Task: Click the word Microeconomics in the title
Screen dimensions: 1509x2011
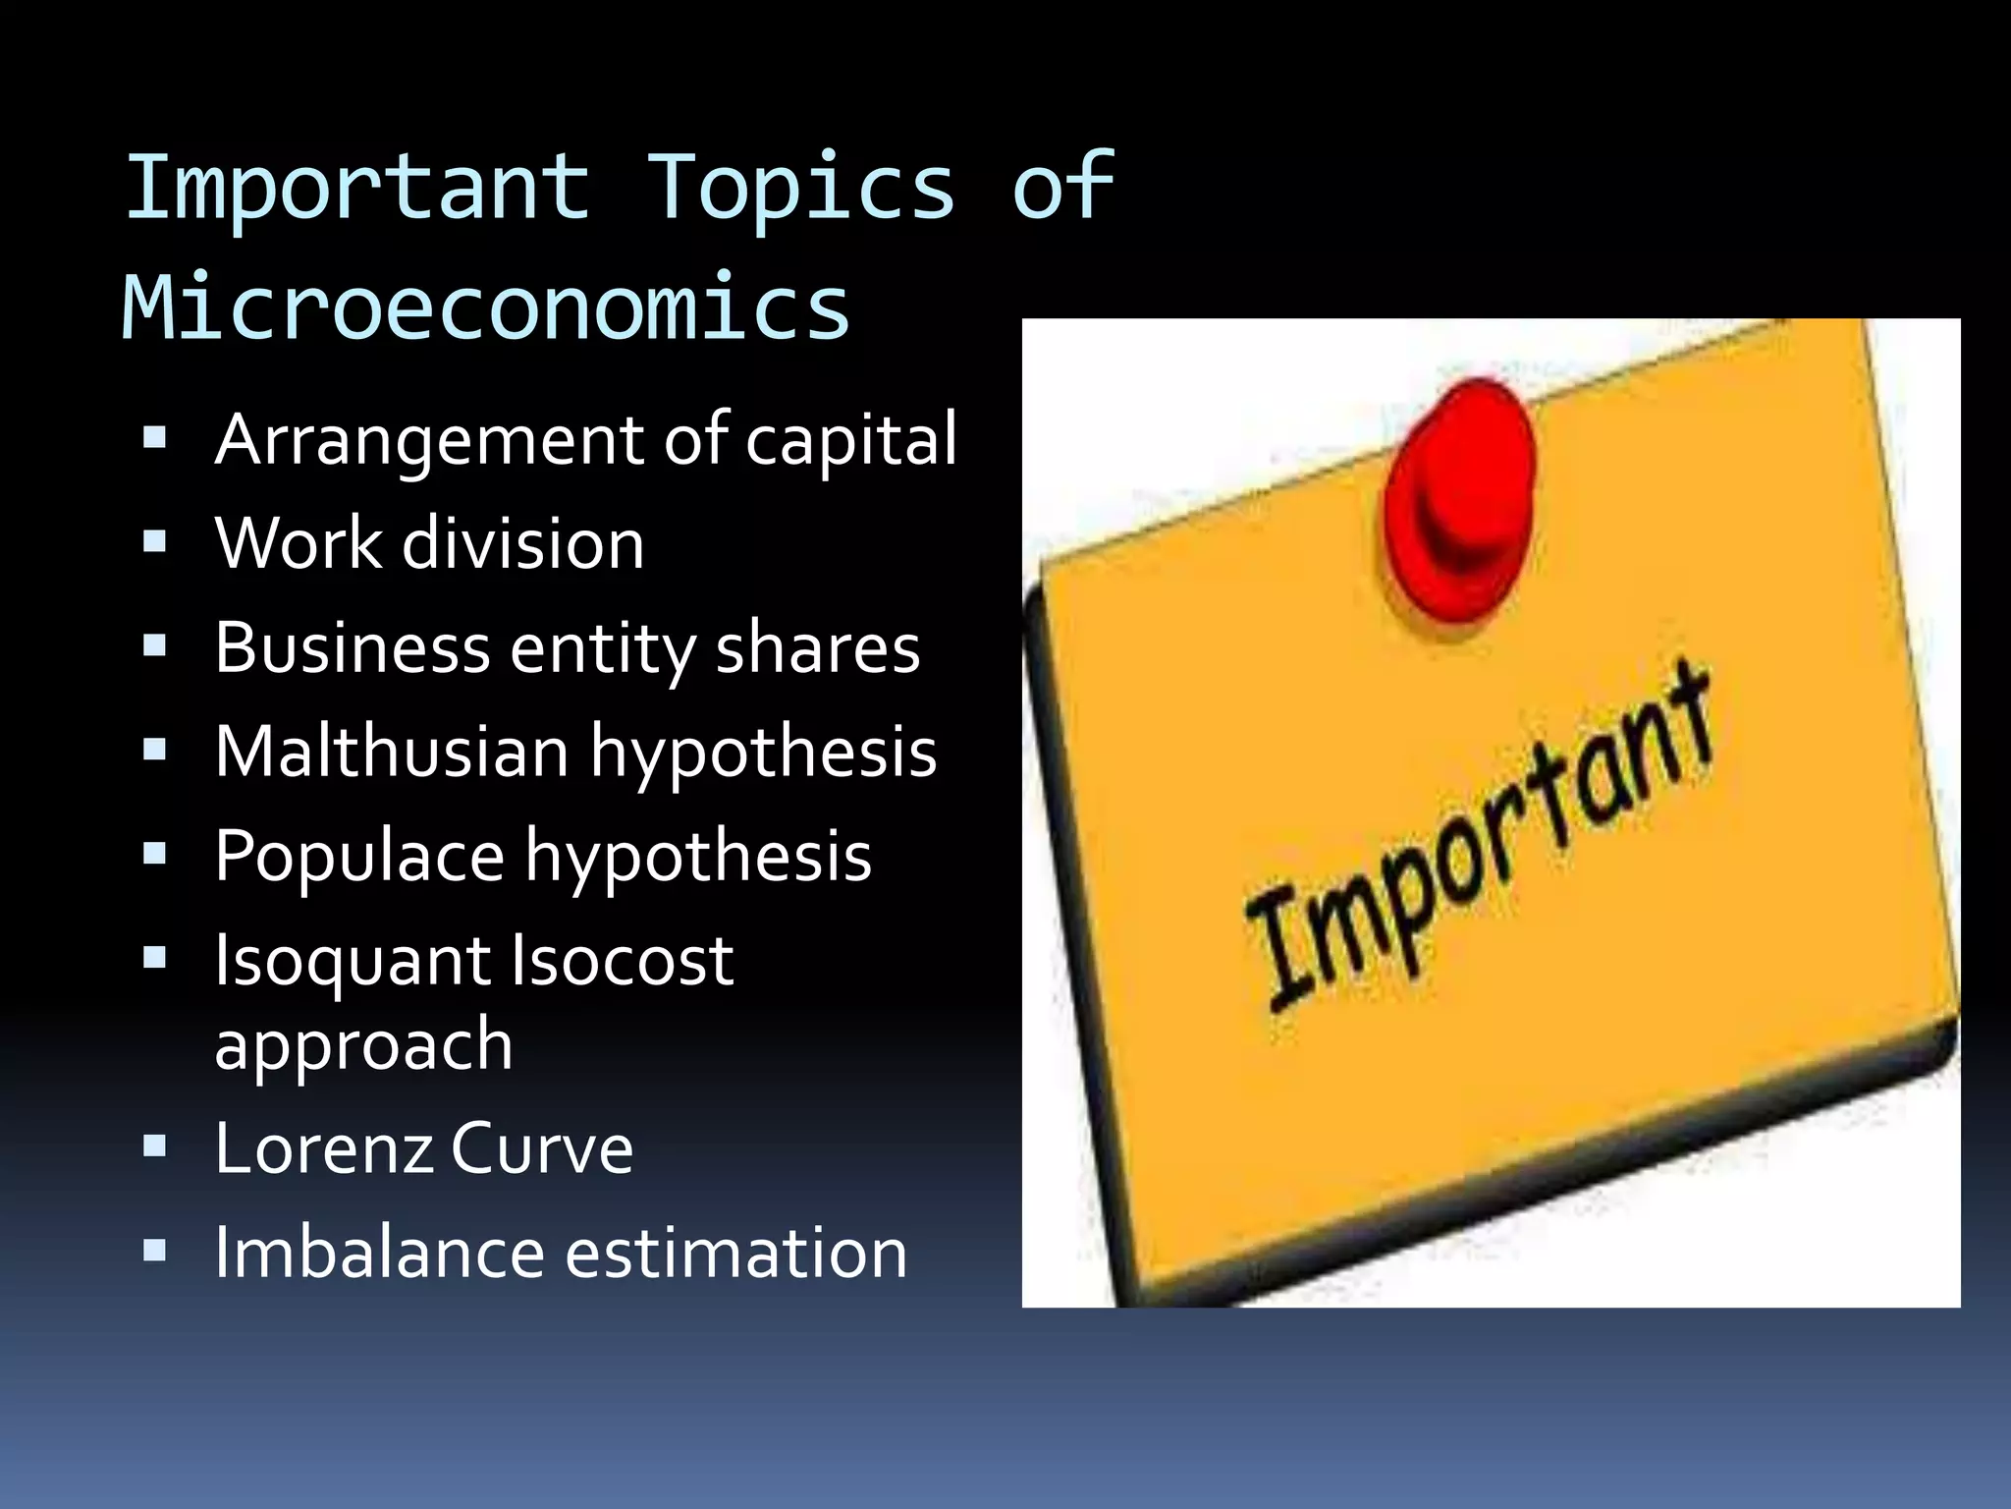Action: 485,307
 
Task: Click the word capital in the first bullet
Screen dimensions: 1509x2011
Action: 850,441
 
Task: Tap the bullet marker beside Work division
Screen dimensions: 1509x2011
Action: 154,541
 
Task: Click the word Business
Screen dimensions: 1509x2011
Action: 353,648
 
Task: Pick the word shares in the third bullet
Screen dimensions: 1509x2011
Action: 817,648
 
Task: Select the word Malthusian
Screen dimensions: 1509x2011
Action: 392,752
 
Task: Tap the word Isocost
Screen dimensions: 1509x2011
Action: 622,960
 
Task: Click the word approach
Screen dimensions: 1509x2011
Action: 363,1045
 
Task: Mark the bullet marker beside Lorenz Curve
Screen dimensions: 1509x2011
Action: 154,1146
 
